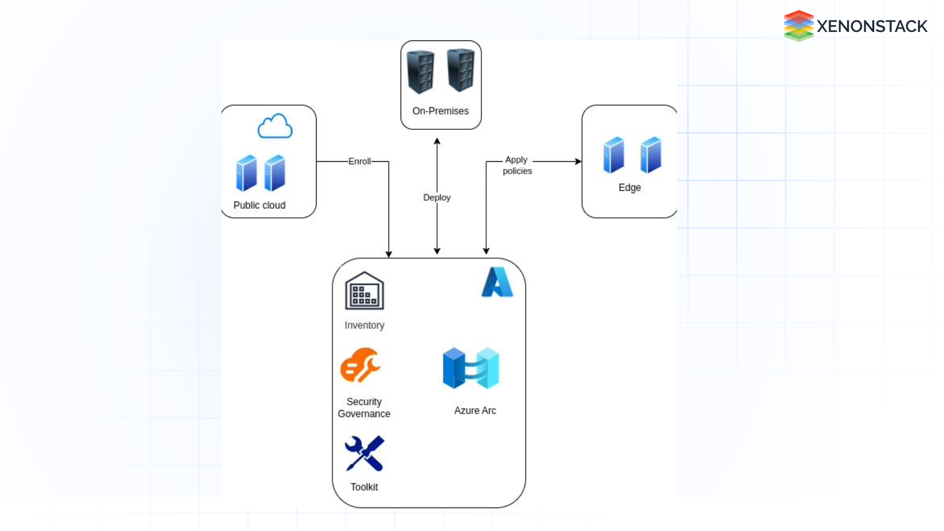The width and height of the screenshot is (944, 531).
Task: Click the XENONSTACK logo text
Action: click(x=872, y=27)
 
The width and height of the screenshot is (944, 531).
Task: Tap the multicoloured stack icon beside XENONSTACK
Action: click(x=798, y=26)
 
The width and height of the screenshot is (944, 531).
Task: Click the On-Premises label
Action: click(x=440, y=111)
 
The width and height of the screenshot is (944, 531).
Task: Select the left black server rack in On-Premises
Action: click(x=421, y=72)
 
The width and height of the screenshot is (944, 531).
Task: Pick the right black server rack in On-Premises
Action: click(x=460, y=70)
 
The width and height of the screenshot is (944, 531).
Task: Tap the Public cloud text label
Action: click(x=259, y=206)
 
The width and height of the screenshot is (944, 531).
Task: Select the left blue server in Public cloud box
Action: click(x=246, y=173)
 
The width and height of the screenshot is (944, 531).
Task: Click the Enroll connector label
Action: click(x=359, y=161)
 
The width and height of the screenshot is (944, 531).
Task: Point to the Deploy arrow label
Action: click(x=437, y=198)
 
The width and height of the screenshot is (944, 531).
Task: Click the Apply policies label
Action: click(x=517, y=165)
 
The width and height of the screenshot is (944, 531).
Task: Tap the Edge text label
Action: click(x=629, y=188)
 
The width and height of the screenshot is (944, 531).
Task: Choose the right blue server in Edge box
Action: click(x=650, y=155)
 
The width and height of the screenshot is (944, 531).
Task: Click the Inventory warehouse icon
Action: click(x=364, y=291)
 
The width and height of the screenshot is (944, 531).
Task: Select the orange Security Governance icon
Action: click(x=360, y=365)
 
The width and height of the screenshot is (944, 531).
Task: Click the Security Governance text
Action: click(x=364, y=408)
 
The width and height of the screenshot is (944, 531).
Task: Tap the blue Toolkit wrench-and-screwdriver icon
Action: click(x=364, y=453)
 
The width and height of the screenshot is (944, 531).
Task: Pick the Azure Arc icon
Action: click(x=471, y=368)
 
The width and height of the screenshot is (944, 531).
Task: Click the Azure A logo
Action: click(x=497, y=282)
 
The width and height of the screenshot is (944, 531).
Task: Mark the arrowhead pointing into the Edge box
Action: click(x=578, y=161)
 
